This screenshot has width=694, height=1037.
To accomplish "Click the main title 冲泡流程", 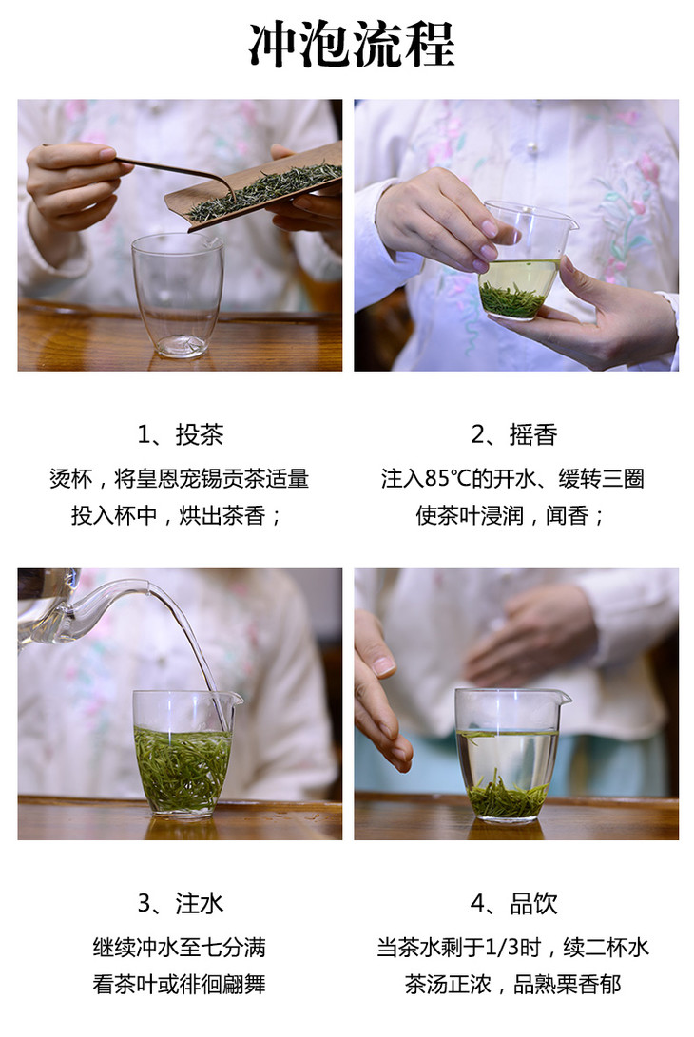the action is click(x=352, y=44).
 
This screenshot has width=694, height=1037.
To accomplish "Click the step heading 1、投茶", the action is click(x=180, y=434).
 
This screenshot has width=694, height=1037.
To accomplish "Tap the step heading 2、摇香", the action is click(x=514, y=434).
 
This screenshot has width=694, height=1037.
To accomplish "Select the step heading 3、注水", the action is click(x=180, y=903).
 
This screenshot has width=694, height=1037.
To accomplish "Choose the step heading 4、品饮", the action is click(x=514, y=903).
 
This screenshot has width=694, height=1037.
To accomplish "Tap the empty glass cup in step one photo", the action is click(x=178, y=296).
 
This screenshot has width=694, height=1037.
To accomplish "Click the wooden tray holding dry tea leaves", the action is click(x=254, y=186).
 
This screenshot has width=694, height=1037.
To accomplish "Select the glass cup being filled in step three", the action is click(x=184, y=754).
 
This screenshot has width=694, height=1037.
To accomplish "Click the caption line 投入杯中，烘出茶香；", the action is click(x=178, y=515).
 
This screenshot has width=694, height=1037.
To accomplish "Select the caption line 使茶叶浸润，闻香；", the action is click(x=511, y=515).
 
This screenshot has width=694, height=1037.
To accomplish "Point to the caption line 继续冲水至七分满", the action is click(x=180, y=947).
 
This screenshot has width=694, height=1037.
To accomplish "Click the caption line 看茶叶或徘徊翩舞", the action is click(x=180, y=984).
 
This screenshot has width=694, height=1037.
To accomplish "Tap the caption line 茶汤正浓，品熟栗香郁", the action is click(x=513, y=984).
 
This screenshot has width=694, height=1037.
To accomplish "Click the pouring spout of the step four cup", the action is click(x=564, y=697).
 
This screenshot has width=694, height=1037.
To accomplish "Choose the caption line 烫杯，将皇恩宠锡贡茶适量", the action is click(x=180, y=478).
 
